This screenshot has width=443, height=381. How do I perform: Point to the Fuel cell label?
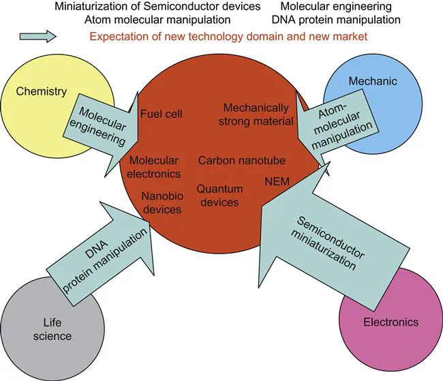point(161,113)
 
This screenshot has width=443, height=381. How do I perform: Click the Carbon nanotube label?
point(242,161)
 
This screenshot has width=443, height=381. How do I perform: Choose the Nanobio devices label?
point(161,203)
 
